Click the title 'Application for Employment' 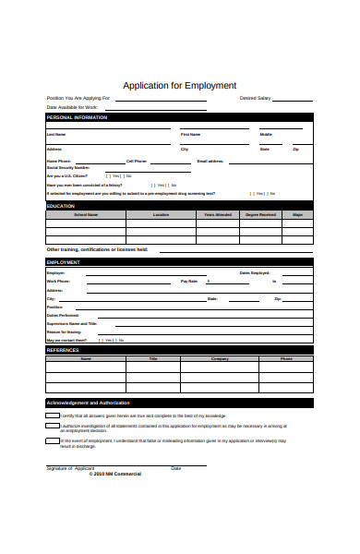point(180,85)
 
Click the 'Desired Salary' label point(255,97)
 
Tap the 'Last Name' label point(56,135)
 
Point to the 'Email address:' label point(210,161)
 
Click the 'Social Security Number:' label point(66,167)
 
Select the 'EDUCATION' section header point(60,206)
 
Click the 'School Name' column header point(86,214)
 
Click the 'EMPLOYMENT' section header point(64,262)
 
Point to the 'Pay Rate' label point(189,281)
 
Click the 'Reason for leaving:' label point(64,331)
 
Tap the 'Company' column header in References point(220,358)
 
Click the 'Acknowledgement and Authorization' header point(88,403)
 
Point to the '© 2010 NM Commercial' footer point(114,475)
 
